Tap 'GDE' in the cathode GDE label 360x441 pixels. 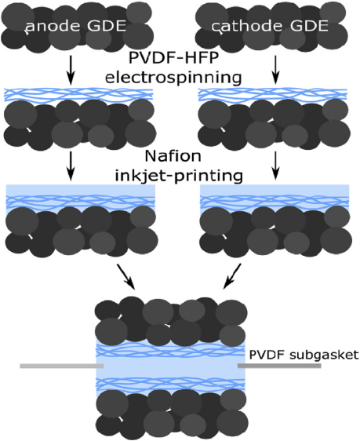click(x=309, y=26)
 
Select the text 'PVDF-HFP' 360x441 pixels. click(x=173, y=59)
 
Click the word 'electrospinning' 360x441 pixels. click(x=173, y=77)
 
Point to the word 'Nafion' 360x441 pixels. click(x=173, y=156)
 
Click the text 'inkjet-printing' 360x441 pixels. click(x=179, y=176)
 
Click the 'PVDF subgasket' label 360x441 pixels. click(x=304, y=355)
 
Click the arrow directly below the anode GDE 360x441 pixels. click(x=71, y=70)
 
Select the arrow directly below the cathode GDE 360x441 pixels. click(x=276, y=70)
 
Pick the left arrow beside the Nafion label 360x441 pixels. click(x=71, y=166)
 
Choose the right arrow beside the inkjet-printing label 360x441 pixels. click(x=276, y=166)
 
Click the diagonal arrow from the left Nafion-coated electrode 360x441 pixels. click(x=126, y=276)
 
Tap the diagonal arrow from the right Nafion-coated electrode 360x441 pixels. click(x=232, y=276)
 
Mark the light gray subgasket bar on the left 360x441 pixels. click(x=62, y=366)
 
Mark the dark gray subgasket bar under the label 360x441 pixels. click(x=279, y=366)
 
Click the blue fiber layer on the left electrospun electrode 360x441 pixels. click(x=78, y=95)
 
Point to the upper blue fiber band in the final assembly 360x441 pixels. click(x=170, y=350)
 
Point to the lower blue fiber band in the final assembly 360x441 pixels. click(x=170, y=384)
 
